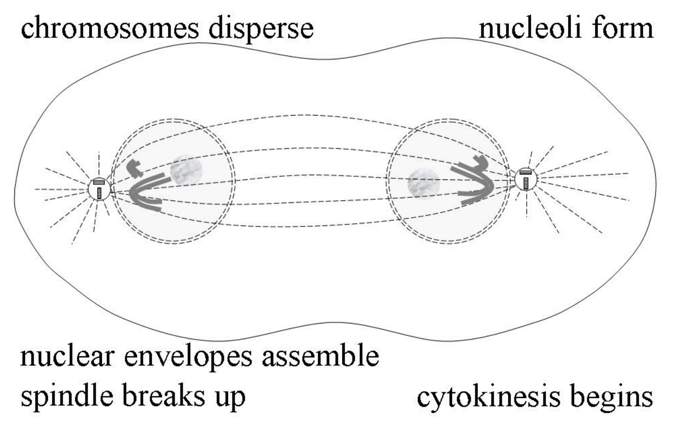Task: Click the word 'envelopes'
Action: (x=188, y=357)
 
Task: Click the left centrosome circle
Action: (x=99, y=189)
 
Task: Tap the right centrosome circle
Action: (x=526, y=179)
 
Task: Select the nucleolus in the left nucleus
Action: (x=186, y=170)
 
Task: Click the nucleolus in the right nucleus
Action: (x=424, y=184)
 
